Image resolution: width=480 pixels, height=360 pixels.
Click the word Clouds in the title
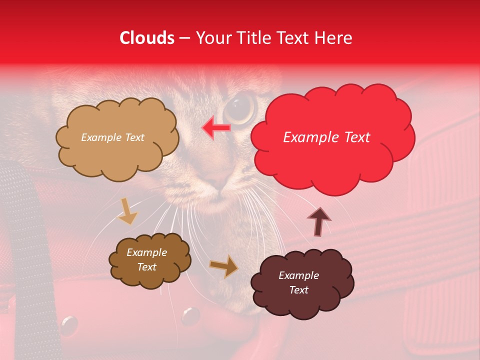(147, 38)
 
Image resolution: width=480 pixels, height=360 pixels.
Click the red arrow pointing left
(216, 128)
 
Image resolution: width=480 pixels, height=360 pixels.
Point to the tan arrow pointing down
(127, 211)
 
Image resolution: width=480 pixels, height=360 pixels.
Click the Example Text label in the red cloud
(326, 137)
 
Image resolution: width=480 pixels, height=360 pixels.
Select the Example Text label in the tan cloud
(112, 137)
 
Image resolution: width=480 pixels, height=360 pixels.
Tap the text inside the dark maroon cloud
(298, 282)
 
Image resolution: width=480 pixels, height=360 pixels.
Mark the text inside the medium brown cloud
(146, 259)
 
